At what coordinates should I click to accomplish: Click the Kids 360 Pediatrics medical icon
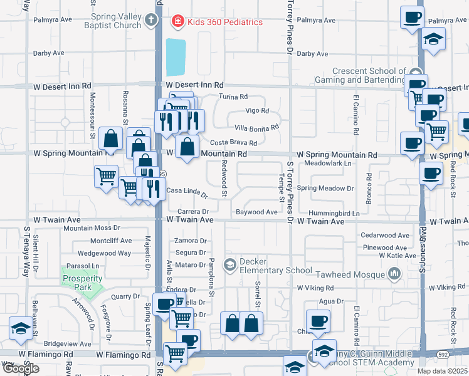177,22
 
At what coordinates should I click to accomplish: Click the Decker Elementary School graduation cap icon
230,265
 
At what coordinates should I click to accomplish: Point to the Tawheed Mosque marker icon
394,273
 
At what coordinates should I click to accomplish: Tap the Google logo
21,368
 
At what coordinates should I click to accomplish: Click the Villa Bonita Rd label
256,127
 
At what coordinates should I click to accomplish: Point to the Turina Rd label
233,97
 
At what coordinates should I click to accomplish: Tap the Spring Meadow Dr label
325,188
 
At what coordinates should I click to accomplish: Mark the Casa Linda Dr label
186,192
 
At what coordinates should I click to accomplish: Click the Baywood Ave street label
256,212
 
